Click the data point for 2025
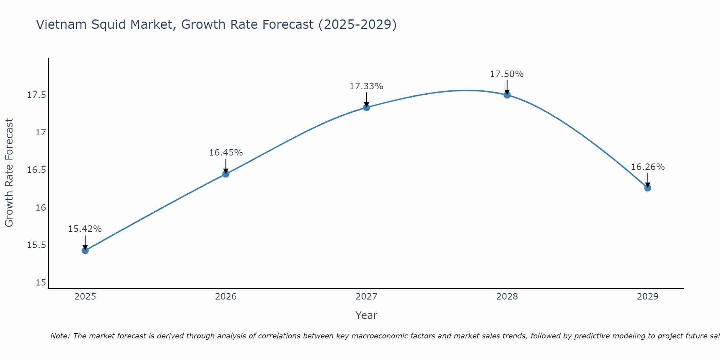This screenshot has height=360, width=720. pos(85,250)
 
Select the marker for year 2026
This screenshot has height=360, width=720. pos(226,174)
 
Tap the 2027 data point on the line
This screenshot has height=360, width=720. pos(366,107)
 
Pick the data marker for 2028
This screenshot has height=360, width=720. pos(507,95)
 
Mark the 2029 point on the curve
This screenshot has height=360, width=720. pos(648,188)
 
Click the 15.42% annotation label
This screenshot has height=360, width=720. pos(85,229)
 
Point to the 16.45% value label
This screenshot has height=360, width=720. pos(226,153)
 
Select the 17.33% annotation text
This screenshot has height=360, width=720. pos(366,86)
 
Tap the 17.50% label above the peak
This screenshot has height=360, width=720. pos(507,74)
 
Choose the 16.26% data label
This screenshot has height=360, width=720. pos(648,167)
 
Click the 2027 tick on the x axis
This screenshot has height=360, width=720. pos(366,297)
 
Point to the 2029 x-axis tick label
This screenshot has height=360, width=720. pos(648,297)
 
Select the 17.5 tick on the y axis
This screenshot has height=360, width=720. pos(37,95)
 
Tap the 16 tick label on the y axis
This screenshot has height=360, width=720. pos(41,208)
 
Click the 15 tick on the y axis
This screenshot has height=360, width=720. pos(41,283)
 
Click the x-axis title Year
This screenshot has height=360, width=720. pos(366,315)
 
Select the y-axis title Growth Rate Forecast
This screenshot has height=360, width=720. pos(9,173)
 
